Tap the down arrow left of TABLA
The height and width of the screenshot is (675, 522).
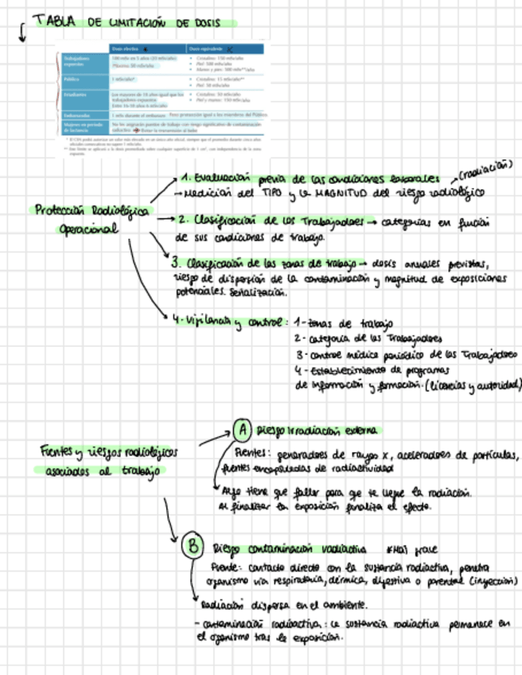tap(21, 34)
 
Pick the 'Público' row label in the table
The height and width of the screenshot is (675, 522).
tap(74, 80)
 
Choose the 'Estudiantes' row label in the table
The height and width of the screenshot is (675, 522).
tap(78, 94)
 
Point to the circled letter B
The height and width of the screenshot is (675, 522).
tap(193, 546)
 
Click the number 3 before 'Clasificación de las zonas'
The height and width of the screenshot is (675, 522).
tap(174, 261)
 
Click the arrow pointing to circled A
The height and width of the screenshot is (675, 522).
tap(214, 438)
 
